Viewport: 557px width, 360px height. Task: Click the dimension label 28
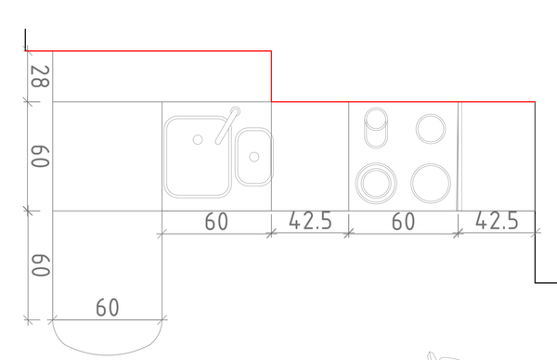(x=40, y=77)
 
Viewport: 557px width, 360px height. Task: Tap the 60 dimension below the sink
(x=216, y=222)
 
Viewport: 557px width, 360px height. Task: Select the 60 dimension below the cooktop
(x=403, y=222)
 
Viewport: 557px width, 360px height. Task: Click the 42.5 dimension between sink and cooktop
(x=310, y=221)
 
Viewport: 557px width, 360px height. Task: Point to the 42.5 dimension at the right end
(x=497, y=221)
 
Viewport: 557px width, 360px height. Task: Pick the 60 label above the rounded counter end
(x=108, y=308)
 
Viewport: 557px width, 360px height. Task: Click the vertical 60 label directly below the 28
(x=40, y=156)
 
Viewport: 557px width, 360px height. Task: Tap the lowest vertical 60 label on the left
(x=40, y=265)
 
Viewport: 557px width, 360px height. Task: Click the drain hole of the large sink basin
(x=198, y=140)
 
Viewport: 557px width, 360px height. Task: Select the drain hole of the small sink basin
(x=254, y=157)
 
